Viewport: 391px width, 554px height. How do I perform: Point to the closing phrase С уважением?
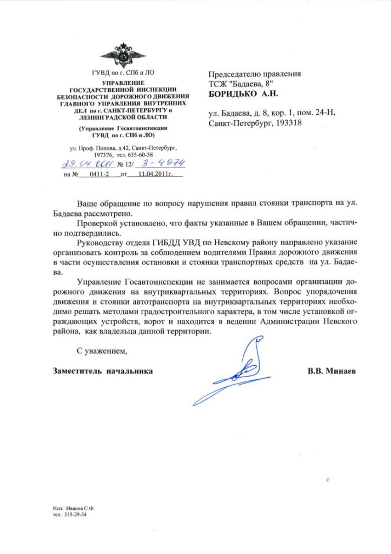pos(101,351)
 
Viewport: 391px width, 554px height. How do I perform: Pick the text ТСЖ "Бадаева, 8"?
pos(241,83)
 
